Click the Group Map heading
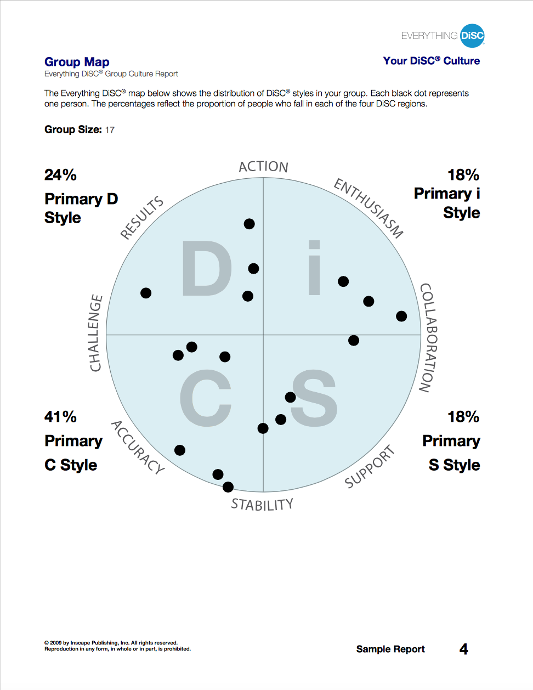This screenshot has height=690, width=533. tap(77, 62)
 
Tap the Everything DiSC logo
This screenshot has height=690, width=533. tap(443, 36)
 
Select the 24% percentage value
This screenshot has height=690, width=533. tap(60, 175)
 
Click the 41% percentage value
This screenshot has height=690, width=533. tap(60, 417)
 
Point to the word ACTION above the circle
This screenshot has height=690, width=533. tap(263, 167)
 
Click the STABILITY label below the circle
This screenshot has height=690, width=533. tap(262, 505)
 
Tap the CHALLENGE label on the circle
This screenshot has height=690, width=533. tap(96, 333)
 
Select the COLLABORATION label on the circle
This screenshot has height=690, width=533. tap(428, 338)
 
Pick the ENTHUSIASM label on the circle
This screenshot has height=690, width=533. tap(368, 208)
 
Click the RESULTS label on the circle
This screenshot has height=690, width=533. tap(142, 218)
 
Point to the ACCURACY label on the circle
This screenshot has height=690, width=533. tap(138, 448)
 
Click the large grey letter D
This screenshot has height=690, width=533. tap(207, 269)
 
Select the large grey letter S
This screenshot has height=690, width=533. tap(314, 398)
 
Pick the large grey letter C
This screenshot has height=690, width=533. tap(206, 398)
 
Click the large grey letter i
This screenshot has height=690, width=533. tap(314, 268)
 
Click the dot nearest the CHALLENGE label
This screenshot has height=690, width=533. tap(146, 293)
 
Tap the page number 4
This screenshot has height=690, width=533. tap(463, 649)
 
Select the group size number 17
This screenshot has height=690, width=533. tap(110, 130)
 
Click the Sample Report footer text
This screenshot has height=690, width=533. tap(390, 649)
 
